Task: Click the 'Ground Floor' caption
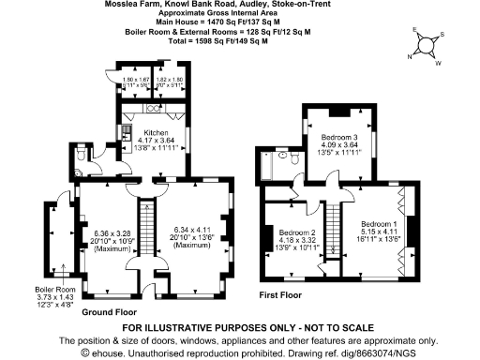point(112,310)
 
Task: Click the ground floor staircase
point(146,234)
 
